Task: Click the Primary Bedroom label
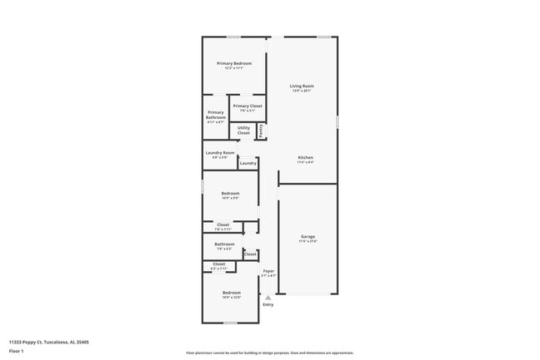click(234, 64)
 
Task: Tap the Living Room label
click(302, 86)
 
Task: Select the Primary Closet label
click(248, 106)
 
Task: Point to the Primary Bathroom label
click(215, 116)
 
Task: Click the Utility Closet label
click(243, 131)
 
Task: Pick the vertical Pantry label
click(261, 131)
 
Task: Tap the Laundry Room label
click(220, 153)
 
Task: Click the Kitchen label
click(306, 158)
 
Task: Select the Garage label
click(307, 237)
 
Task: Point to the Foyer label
click(268, 271)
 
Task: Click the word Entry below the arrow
click(268, 304)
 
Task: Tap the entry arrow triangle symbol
click(268, 297)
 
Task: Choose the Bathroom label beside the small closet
click(224, 244)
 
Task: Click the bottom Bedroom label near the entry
click(231, 293)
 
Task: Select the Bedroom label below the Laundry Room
click(230, 194)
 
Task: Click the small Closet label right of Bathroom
click(250, 254)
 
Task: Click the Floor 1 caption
click(17, 351)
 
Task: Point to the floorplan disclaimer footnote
click(269, 353)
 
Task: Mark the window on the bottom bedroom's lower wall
click(230, 323)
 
